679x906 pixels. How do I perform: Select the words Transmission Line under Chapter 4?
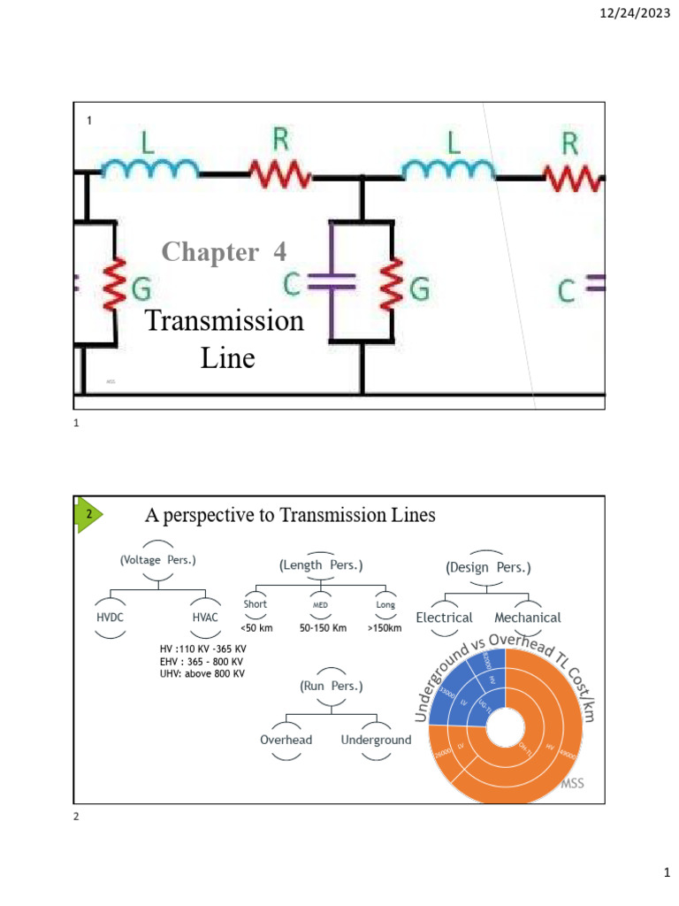tap(225, 339)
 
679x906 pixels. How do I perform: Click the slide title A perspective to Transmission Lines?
tap(290, 515)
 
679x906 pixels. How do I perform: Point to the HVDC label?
tap(111, 618)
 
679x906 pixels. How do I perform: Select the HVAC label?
tap(205, 618)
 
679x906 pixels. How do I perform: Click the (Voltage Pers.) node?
tap(157, 560)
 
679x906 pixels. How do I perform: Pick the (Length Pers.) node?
tap(320, 564)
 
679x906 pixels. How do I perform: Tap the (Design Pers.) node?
tap(488, 566)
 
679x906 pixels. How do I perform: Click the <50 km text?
tap(256, 628)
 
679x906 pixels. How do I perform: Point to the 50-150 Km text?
tap(320, 628)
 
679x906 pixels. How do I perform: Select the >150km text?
tap(384, 628)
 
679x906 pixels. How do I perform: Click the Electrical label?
tap(445, 618)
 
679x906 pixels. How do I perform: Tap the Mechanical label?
tap(528, 618)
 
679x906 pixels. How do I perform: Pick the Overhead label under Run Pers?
tap(286, 740)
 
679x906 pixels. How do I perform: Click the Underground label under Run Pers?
tap(376, 740)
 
